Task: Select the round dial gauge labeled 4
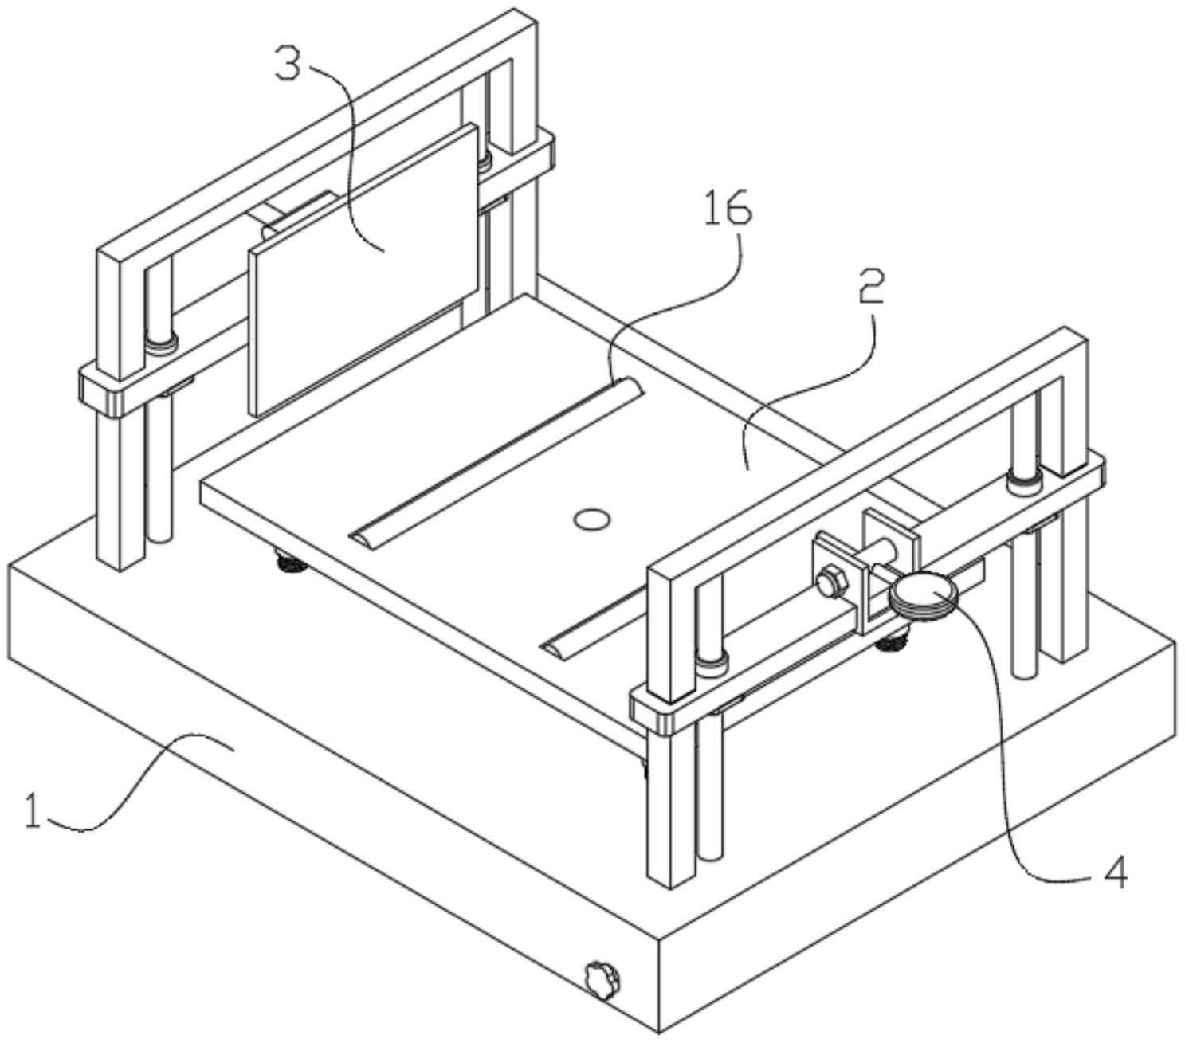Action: pos(922,594)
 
